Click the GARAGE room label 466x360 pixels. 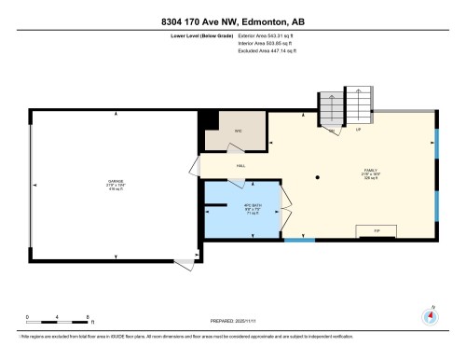coord(115,183)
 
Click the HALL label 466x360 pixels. coord(240,165)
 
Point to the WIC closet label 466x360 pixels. coord(238,131)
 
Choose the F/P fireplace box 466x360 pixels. coord(377,229)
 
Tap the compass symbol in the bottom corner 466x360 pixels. coord(431,314)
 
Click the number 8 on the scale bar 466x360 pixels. coord(87,317)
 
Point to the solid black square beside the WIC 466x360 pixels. coord(211,121)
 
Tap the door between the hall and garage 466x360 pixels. coord(196,165)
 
